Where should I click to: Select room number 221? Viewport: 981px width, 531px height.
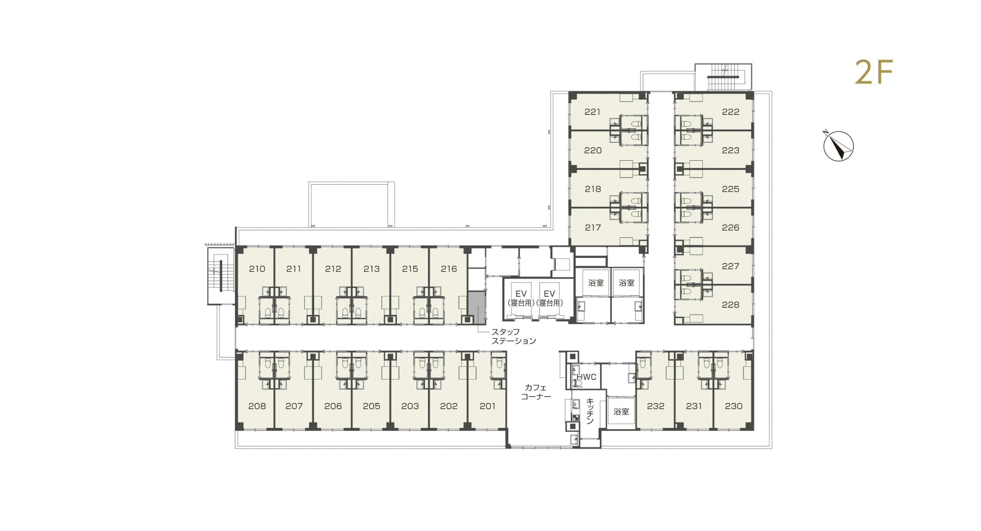592,112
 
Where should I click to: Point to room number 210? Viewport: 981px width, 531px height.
257,269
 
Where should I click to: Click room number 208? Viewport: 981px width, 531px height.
257,406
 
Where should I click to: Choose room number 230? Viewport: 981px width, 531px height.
734,406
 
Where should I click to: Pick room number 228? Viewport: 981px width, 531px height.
730,305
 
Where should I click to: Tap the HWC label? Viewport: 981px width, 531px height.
586,377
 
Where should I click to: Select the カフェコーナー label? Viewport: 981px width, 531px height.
536,392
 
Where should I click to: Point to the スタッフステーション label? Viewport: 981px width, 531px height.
513,336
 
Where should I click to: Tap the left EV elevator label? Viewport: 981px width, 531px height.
521,298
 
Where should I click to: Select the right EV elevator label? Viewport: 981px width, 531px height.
550,298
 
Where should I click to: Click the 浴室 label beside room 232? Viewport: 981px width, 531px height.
621,412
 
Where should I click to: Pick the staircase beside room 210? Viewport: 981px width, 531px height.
220,276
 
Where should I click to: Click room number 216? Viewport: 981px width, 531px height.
449,269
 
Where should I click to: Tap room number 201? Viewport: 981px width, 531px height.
487,406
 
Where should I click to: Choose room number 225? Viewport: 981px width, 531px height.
730,189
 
